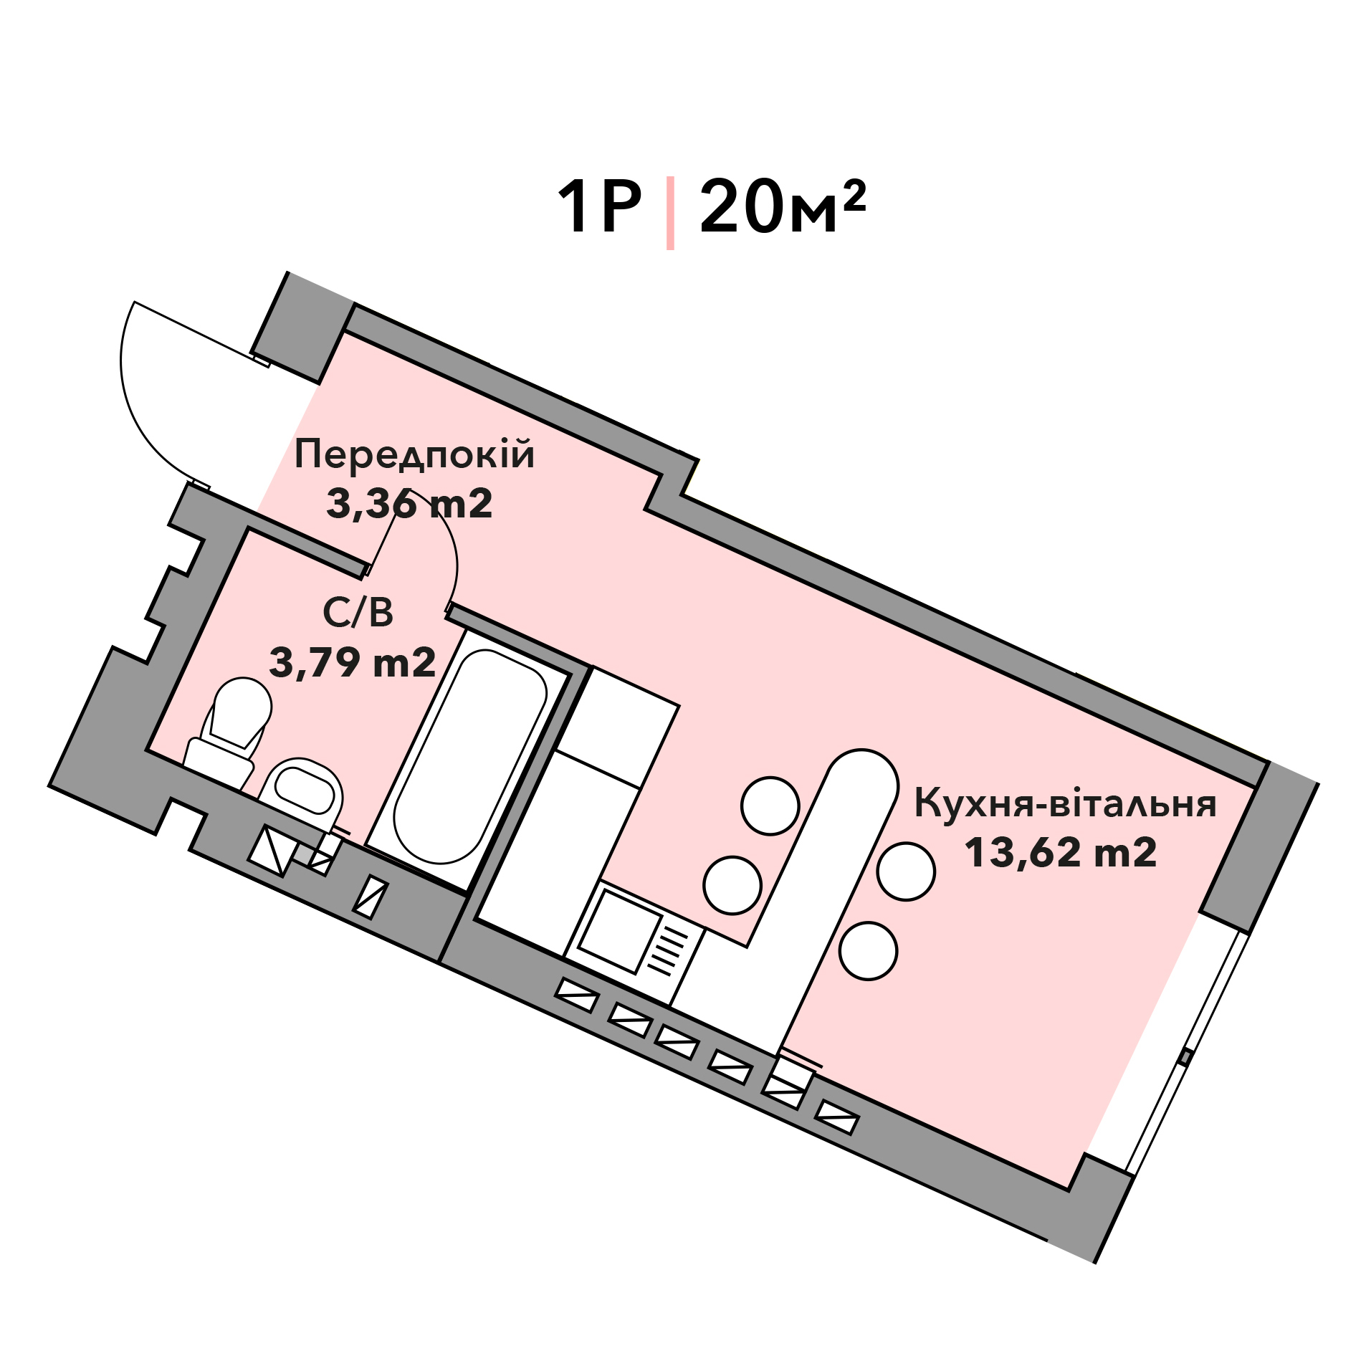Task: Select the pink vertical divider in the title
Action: pos(670,213)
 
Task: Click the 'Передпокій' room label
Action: pos(414,456)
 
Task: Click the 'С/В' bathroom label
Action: pos(358,613)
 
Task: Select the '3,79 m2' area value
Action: pos(353,662)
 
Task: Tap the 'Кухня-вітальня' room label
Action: pos(1065,803)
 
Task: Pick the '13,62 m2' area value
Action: pos(1061,853)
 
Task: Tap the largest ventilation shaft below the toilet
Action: pos(272,851)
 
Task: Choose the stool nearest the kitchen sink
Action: pos(732,885)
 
